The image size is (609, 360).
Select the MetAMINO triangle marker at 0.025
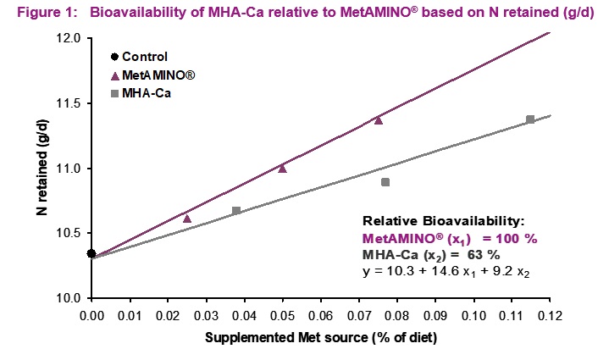(x=187, y=219)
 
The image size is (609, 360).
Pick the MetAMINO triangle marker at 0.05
(x=282, y=169)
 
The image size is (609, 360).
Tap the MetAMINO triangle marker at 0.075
(x=379, y=120)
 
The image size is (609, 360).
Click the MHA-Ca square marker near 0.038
(x=236, y=210)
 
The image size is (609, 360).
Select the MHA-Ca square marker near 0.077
(x=385, y=182)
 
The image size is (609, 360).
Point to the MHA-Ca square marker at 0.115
(x=530, y=119)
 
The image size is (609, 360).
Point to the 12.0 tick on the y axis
(x=69, y=39)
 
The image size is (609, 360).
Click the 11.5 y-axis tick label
(x=69, y=103)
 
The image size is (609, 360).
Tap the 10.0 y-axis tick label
(x=69, y=298)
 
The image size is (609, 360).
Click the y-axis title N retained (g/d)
(x=43, y=169)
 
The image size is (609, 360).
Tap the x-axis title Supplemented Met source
(x=321, y=338)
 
